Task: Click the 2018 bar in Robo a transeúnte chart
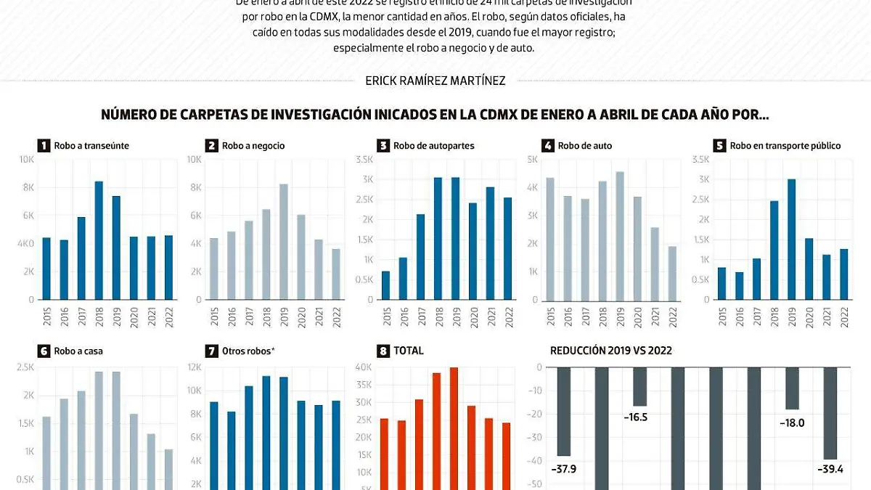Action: point(99,240)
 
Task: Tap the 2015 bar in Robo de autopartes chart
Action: point(385,285)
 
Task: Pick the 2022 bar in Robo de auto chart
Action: point(672,273)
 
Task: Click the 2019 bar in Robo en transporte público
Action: point(792,239)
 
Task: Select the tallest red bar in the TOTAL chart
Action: point(454,428)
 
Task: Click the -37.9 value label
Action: point(563,468)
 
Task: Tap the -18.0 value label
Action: point(790,422)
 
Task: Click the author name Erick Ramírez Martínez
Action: point(435,81)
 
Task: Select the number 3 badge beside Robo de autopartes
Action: point(383,145)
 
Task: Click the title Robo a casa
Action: point(78,351)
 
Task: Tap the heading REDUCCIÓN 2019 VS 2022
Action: point(611,351)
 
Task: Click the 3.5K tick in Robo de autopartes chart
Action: point(364,159)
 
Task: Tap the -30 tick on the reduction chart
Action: point(538,438)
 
